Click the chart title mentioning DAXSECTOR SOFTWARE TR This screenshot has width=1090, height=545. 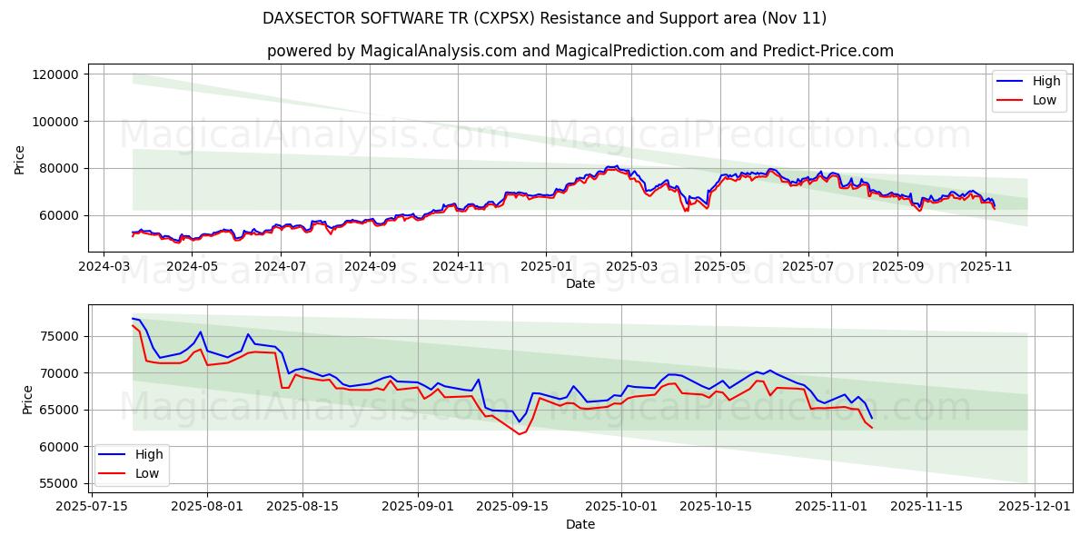pos(544,18)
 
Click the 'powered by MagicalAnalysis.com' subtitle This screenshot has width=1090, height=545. pos(580,51)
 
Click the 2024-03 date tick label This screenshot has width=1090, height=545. pos(104,267)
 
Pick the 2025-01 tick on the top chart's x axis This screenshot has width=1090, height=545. pos(546,267)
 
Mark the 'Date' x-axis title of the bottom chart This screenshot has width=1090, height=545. pos(580,524)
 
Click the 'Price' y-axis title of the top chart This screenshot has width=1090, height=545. pos(20,160)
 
